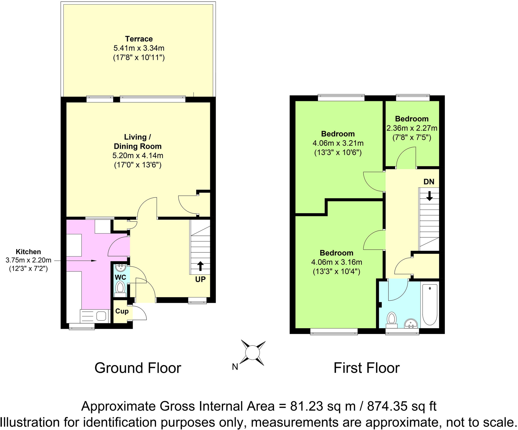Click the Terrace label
[x=139, y=39]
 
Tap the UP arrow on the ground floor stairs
[x=200, y=266]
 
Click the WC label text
[x=120, y=277]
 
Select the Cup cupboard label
[x=122, y=311]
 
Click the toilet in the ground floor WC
[x=120, y=288]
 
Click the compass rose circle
[x=252, y=353]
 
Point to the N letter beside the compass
[x=235, y=367]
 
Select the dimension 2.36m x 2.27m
[x=412, y=128]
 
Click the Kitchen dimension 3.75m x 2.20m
[x=28, y=260]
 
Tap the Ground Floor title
[x=138, y=368]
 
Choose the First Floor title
[x=366, y=368]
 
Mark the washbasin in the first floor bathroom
[x=411, y=324]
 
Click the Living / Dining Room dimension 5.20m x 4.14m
[x=138, y=156]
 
